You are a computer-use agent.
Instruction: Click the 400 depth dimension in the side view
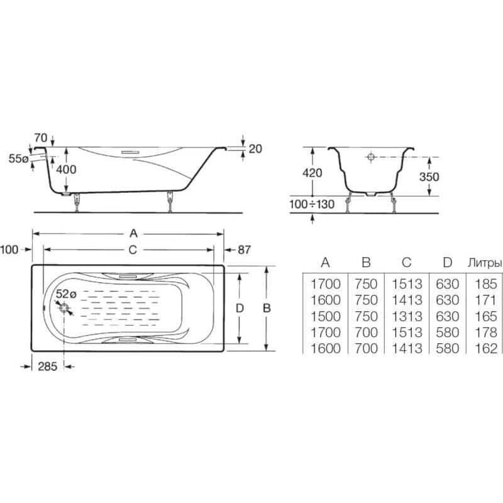(66, 169)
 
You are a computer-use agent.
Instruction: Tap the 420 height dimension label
(312, 173)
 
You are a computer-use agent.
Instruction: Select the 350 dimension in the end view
(429, 177)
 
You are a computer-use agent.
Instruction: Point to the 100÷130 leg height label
(312, 204)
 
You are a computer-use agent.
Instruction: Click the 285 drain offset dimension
(48, 367)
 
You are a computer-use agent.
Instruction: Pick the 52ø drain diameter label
(66, 294)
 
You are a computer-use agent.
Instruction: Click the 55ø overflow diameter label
(18, 158)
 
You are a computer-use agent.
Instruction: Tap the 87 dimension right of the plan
(244, 250)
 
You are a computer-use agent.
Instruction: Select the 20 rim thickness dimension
(255, 149)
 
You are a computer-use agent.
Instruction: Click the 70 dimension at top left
(41, 138)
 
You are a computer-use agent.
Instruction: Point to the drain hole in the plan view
(64, 309)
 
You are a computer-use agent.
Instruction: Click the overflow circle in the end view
(371, 157)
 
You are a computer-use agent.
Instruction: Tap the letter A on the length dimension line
(133, 233)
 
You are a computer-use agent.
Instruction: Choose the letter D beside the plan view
(240, 309)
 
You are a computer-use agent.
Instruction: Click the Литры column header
(484, 263)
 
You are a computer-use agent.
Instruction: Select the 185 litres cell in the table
(486, 284)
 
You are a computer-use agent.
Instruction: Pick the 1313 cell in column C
(407, 316)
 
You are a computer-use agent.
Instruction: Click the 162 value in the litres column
(486, 348)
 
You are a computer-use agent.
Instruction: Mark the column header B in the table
(366, 263)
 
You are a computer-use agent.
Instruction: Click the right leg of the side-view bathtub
(170, 202)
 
